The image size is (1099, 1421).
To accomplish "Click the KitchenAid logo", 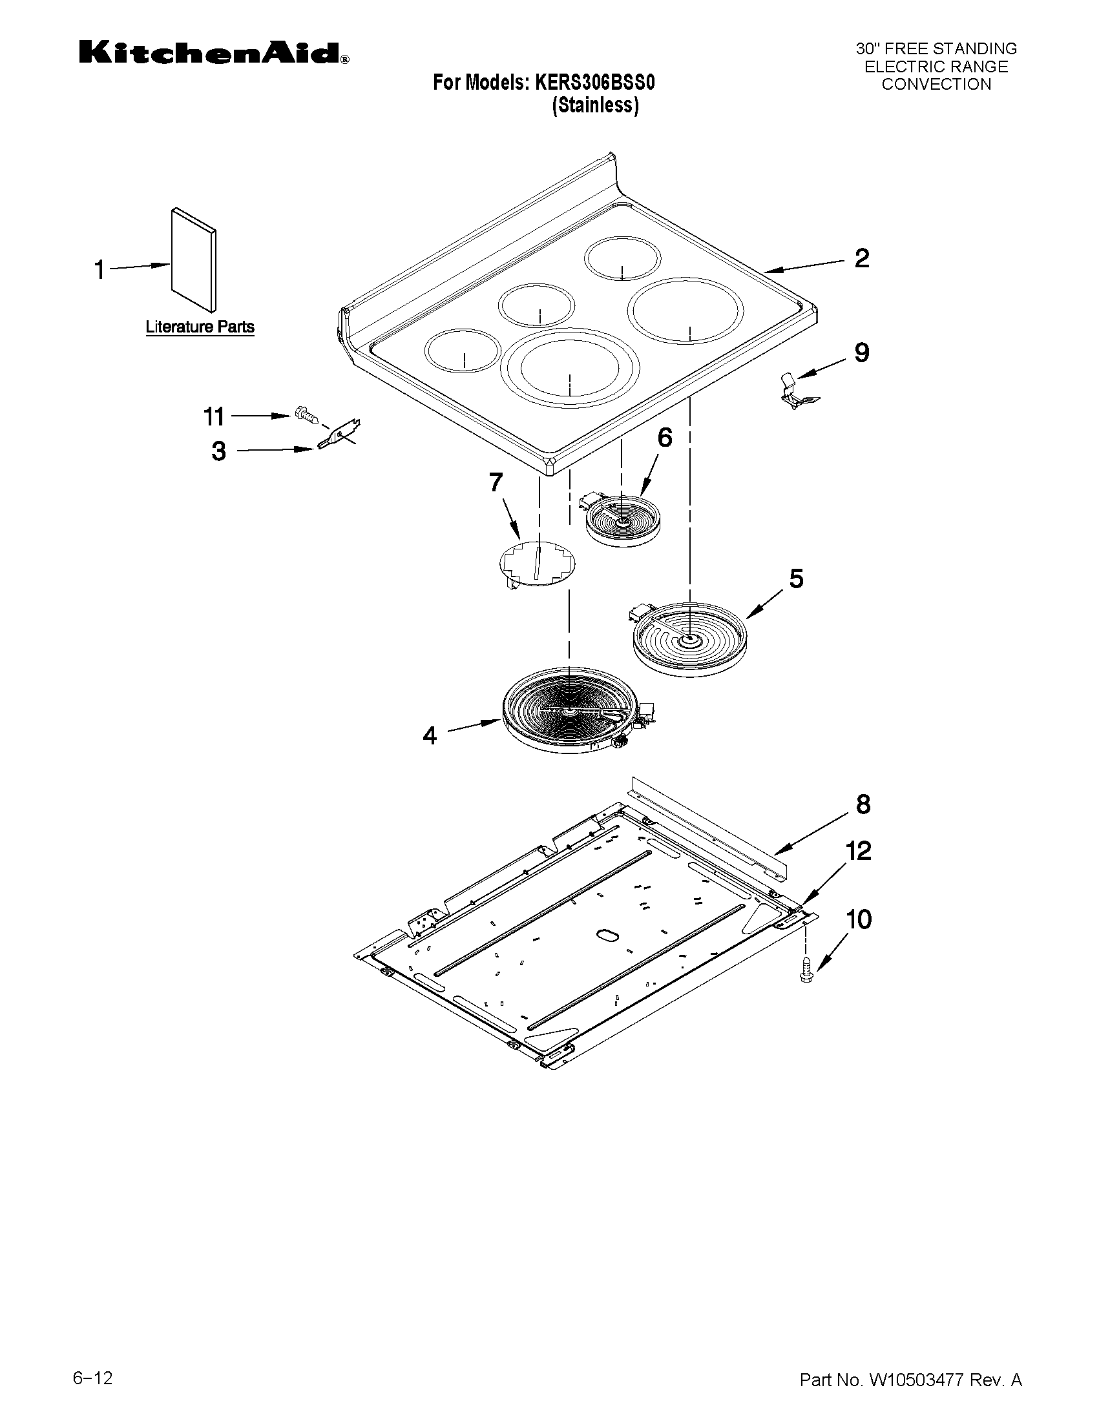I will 214,53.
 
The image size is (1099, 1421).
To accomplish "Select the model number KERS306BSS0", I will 594,83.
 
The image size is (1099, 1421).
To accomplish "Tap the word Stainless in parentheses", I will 595,105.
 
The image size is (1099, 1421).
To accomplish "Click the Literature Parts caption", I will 199,327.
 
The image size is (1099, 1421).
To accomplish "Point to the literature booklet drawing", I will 194,261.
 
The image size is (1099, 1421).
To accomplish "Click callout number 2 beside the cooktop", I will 861,258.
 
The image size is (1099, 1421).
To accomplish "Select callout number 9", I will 861,353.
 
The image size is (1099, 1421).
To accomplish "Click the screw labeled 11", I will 307,414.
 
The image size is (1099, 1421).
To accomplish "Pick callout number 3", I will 219,451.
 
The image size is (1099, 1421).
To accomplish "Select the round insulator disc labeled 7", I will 537,564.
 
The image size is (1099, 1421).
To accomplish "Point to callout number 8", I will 863,805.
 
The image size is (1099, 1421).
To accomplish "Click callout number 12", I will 859,851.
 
